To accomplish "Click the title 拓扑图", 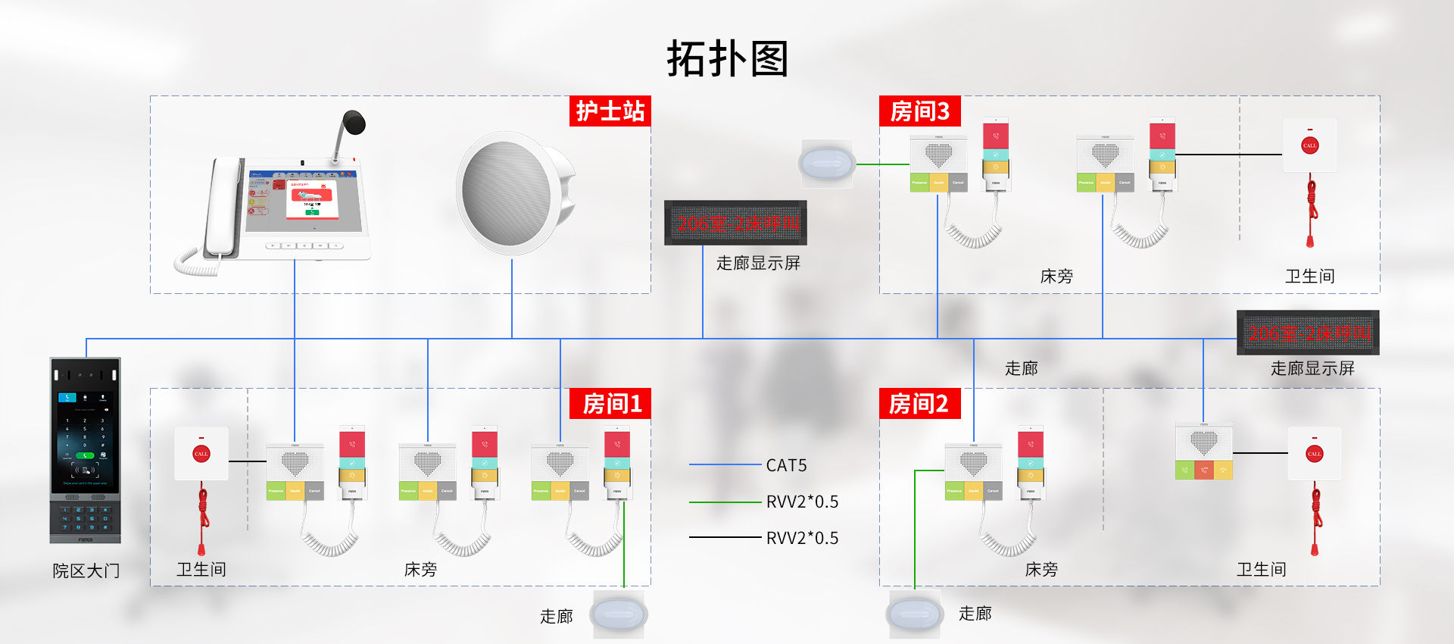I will (x=727, y=59).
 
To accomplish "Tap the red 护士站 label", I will (x=610, y=111).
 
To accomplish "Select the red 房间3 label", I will (x=919, y=111).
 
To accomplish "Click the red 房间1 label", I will (x=610, y=404).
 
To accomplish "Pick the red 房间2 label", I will (x=919, y=404).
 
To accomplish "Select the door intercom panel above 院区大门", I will (x=85, y=450).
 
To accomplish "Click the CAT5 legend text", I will (x=786, y=465).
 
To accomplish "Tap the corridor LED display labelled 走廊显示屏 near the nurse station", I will (x=735, y=223).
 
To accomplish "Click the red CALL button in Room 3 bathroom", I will (x=1309, y=145).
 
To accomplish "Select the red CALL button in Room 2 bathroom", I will (x=1314, y=454).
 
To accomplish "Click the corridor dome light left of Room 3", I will (x=827, y=163).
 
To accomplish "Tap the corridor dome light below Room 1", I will (x=619, y=614).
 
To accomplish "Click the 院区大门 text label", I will (x=86, y=571).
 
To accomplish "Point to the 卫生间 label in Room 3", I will (x=1309, y=277).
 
